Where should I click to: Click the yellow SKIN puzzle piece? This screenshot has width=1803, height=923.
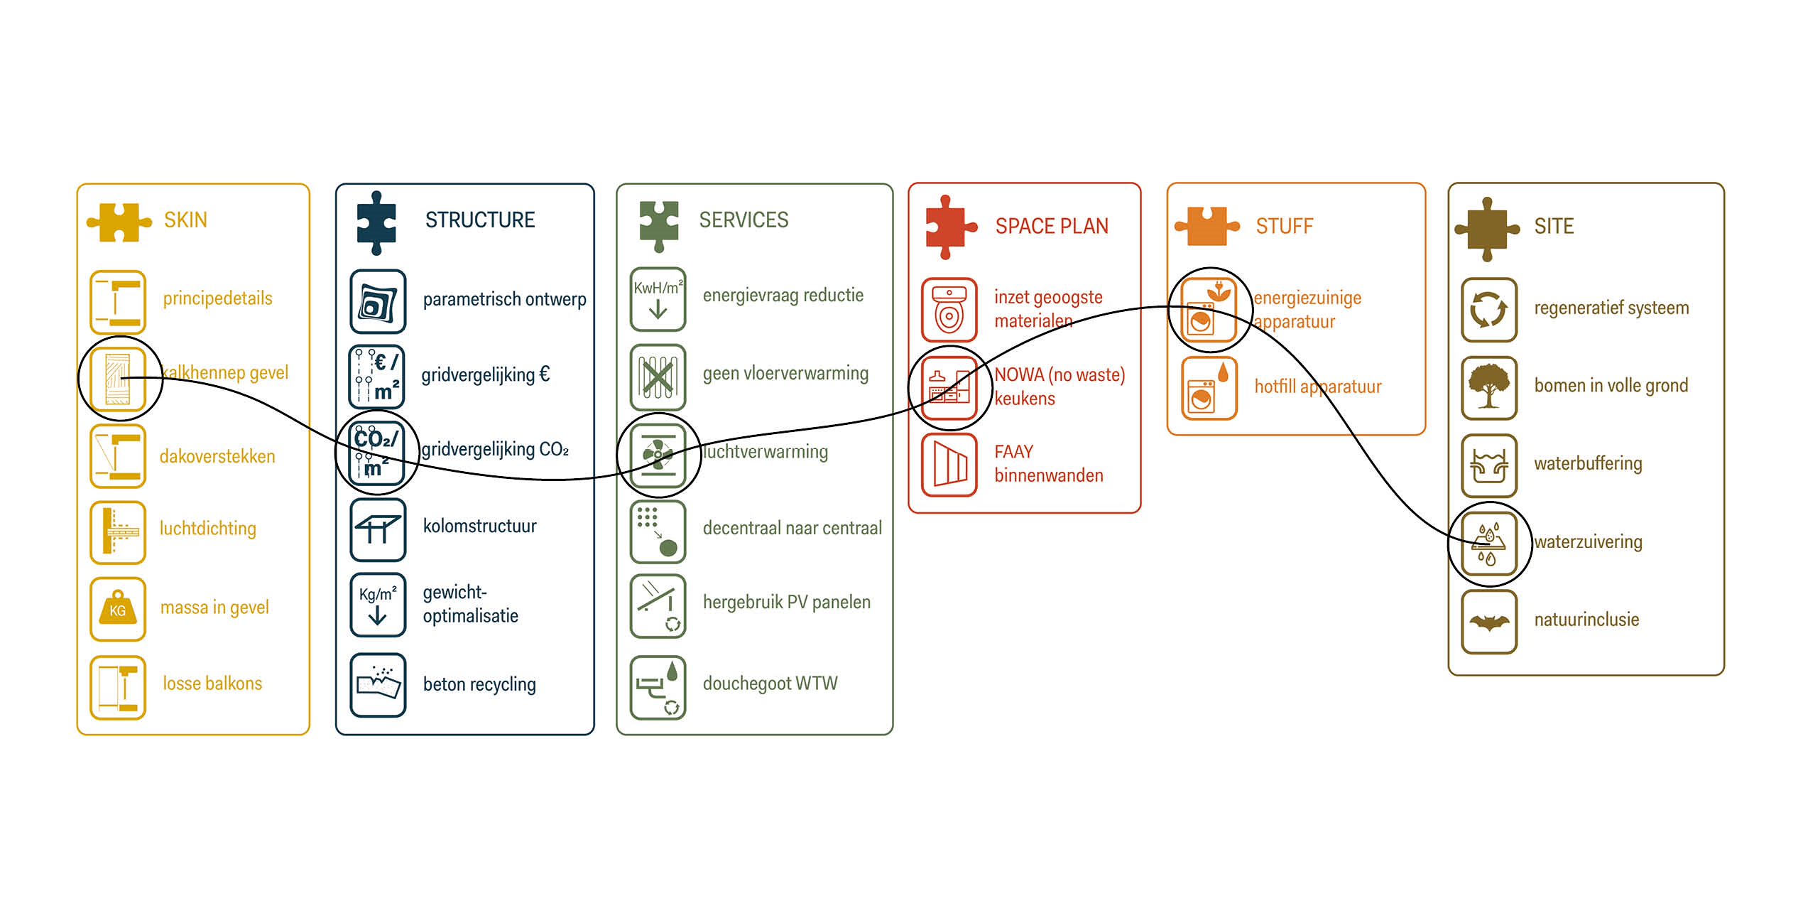119,222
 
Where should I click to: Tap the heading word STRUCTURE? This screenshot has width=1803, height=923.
480,220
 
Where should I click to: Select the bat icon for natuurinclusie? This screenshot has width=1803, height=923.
1489,622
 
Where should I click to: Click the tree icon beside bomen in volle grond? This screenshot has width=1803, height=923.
1489,387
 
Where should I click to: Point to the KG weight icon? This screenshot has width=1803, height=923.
118,609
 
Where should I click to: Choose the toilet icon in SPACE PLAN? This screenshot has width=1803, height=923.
949,310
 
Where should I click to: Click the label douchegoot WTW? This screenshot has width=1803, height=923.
770,684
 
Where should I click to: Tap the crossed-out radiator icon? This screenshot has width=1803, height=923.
658,377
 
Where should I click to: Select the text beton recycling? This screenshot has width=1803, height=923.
479,684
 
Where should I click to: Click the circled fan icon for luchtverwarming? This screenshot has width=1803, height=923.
658,455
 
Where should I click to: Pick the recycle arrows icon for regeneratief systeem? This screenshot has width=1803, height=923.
1489,310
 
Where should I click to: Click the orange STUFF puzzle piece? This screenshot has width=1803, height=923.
1206,226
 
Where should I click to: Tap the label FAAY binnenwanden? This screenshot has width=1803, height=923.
1048,463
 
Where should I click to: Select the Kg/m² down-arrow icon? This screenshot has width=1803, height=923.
378,605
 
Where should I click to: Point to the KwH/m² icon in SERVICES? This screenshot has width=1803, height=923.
658,299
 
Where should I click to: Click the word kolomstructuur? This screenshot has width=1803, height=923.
479,526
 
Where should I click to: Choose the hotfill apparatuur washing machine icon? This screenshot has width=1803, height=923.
1209,389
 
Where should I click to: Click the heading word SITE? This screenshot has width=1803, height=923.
1554,226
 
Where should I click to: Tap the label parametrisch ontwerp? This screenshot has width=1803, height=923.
504,299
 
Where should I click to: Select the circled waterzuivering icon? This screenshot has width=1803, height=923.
1489,544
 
